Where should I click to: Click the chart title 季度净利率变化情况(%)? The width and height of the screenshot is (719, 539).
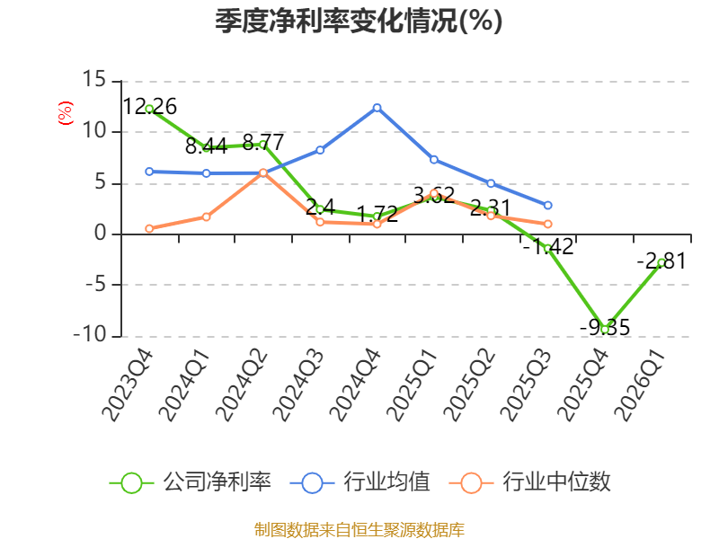(x=359, y=21)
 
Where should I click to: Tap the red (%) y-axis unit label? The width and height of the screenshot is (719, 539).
(x=65, y=113)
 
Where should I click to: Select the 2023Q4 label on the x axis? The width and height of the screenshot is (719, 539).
(x=128, y=385)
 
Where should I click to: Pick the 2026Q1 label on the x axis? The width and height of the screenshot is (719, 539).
(x=641, y=385)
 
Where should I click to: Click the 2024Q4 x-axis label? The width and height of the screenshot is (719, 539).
(x=355, y=385)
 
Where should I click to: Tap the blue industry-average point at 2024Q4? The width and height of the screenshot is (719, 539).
(x=377, y=108)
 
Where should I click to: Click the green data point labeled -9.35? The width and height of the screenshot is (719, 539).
(x=605, y=330)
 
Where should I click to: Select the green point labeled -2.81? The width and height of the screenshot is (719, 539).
(x=661, y=262)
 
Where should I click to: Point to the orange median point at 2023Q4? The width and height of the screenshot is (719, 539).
(x=149, y=229)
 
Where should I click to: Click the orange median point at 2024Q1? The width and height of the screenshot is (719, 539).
(x=207, y=216)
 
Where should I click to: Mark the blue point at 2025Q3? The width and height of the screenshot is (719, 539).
(x=548, y=206)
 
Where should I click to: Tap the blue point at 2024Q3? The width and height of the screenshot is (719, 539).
(x=320, y=150)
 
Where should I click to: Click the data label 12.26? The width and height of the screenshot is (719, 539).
(x=149, y=107)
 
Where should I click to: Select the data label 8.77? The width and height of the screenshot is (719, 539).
(x=263, y=142)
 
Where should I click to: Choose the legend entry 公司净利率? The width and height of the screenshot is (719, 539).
(x=191, y=482)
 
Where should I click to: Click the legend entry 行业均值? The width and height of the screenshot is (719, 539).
(x=360, y=482)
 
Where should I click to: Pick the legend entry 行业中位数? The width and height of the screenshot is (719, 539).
(x=529, y=482)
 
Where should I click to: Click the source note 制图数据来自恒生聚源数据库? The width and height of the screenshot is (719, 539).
(x=359, y=530)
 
